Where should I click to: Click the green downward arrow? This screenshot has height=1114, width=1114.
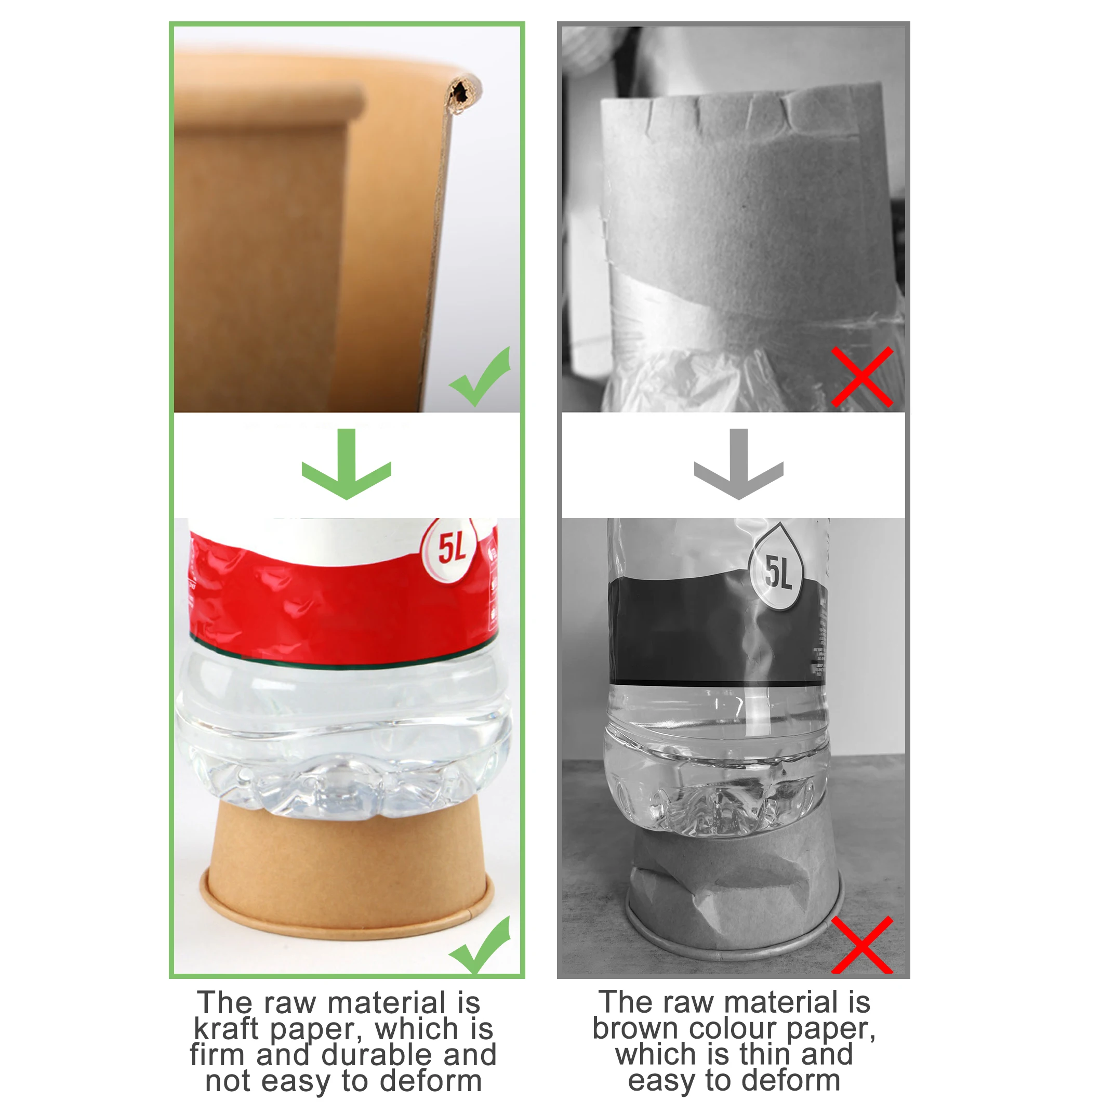(x=346, y=464)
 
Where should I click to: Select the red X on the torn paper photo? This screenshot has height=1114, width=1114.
(x=862, y=378)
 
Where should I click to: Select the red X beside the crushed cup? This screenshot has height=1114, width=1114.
(x=862, y=946)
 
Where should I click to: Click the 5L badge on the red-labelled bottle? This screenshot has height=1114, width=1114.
(x=452, y=548)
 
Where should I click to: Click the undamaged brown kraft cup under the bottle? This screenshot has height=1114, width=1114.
(x=346, y=865)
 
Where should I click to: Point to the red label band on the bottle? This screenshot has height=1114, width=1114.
(x=340, y=611)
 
